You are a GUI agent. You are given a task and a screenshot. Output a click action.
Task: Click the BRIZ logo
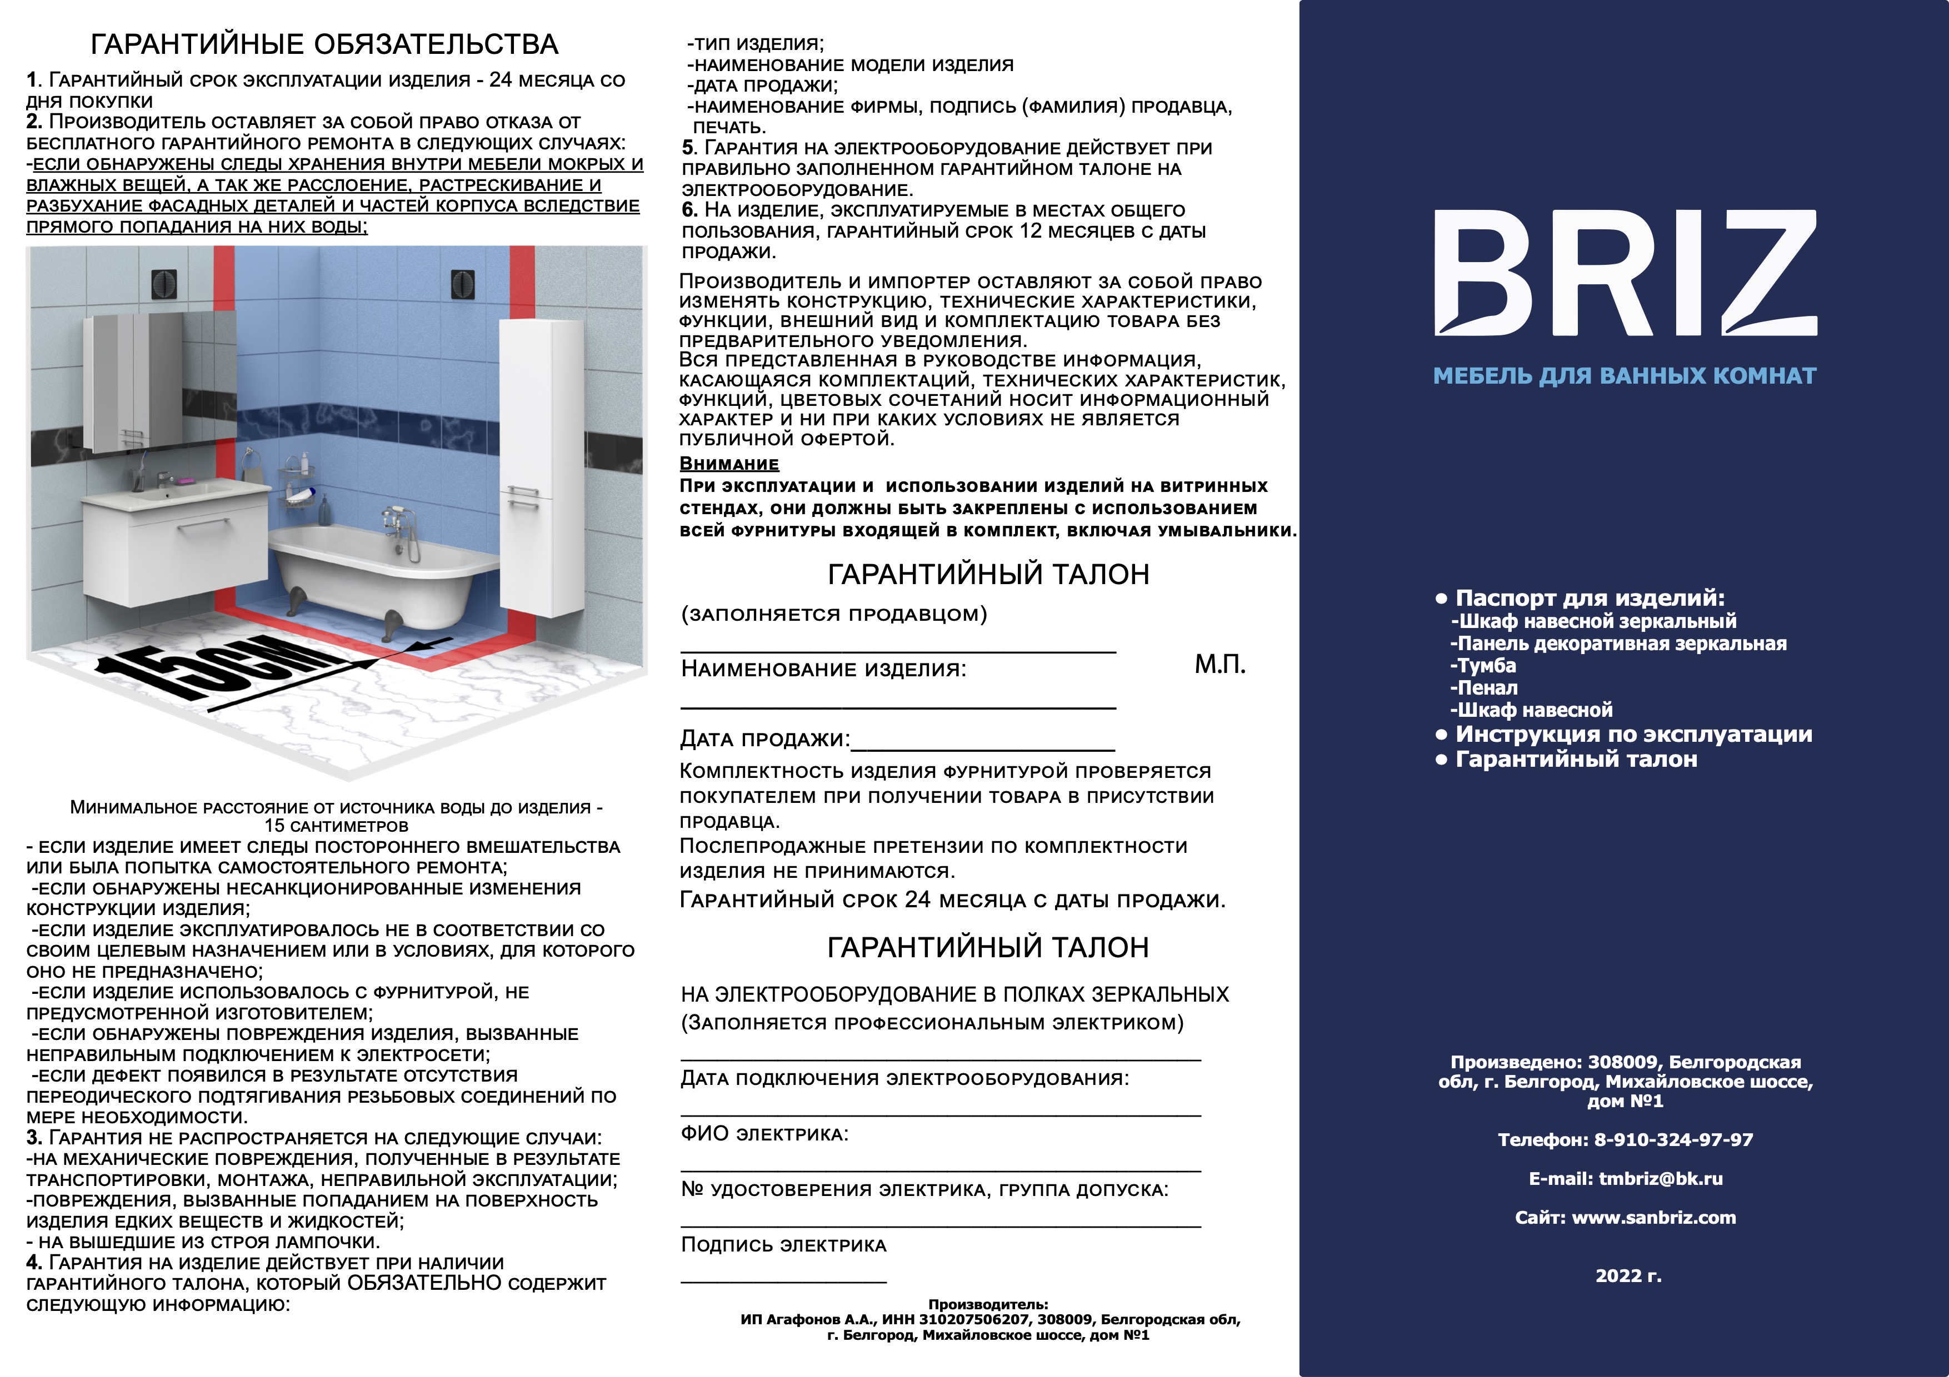coord(1624,273)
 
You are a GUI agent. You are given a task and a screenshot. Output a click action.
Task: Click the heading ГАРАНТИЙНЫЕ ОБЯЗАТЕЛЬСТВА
coord(324,44)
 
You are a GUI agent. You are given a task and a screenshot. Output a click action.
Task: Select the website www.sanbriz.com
coord(1653,1218)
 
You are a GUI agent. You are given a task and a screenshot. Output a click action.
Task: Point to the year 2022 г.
coord(1628,1276)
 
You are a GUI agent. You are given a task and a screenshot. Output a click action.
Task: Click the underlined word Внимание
coord(729,464)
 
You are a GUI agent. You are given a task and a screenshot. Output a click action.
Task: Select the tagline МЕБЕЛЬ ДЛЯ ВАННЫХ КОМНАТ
coord(1624,376)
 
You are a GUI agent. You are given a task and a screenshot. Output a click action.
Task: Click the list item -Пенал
coord(1484,688)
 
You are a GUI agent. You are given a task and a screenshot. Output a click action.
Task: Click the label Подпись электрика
coord(783,1245)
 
